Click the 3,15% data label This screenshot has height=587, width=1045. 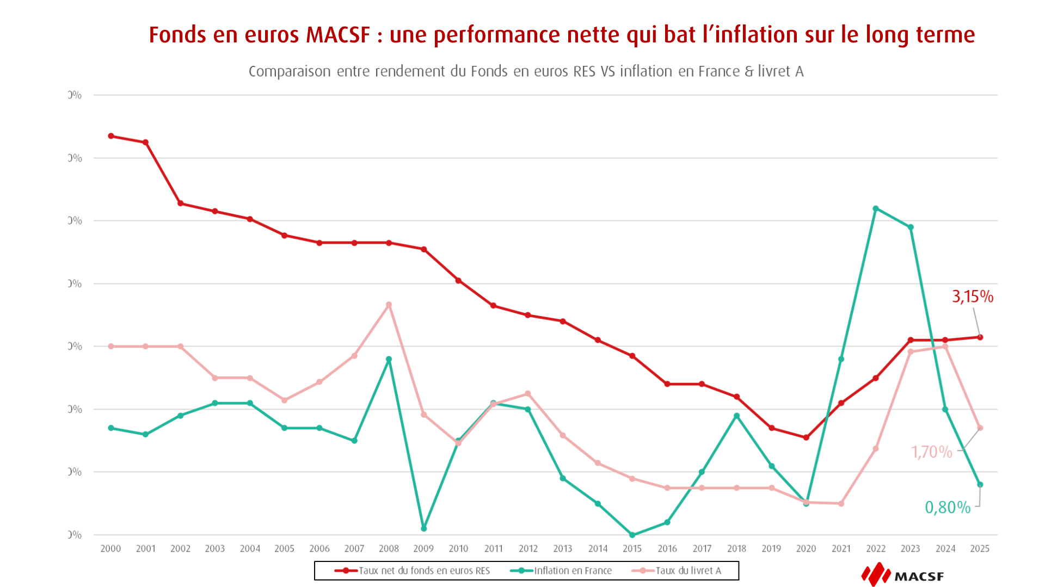pos(972,296)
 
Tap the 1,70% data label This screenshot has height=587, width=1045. pos(931,452)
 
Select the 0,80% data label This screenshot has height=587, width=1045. pos(947,508)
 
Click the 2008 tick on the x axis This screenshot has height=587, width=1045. pos(389,548)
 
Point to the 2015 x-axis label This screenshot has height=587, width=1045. pos(632,548)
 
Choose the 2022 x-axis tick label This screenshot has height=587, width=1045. pos(875,548)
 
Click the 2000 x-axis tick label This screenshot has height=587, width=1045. pos(110,548)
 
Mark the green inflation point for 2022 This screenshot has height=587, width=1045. pos(875,208)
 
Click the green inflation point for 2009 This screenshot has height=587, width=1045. pos(423,528)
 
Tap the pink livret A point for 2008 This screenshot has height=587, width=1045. pos(389,305)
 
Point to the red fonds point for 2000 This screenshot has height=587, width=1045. pos(111,136)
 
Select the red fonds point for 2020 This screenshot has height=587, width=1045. pos(806,437)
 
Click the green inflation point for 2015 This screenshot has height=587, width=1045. pos(632,535)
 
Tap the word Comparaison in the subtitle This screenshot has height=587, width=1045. pos(290,71)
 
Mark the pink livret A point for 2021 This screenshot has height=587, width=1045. pos(841,504)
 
